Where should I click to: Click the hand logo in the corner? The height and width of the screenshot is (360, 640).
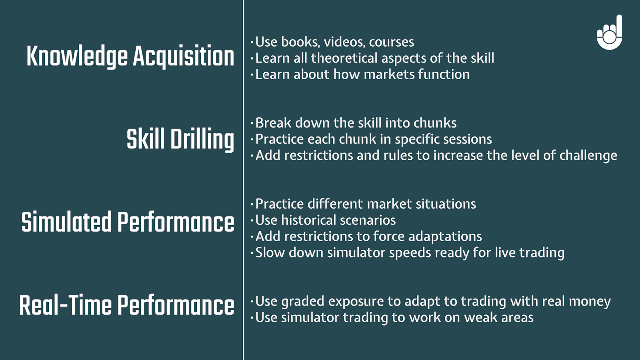click(610, 32)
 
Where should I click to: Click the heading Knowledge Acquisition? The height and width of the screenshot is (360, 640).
click(130, 56)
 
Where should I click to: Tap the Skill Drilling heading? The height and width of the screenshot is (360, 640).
click(180, 140)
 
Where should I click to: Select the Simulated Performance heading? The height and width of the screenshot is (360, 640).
click(128, 222)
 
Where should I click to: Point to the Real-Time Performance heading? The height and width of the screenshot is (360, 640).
click(127, 305)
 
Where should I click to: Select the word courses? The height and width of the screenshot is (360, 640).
click(392, 42)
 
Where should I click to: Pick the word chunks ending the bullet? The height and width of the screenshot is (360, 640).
click(435, 123)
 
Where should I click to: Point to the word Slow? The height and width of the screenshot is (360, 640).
click(270, 252)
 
